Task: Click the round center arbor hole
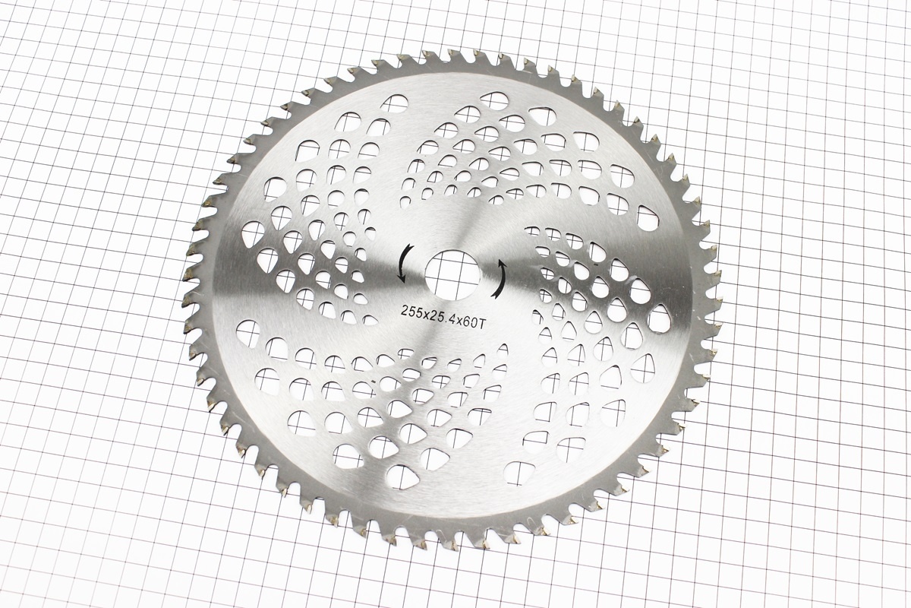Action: (452, 275)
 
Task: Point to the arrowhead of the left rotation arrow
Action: (402, 278)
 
